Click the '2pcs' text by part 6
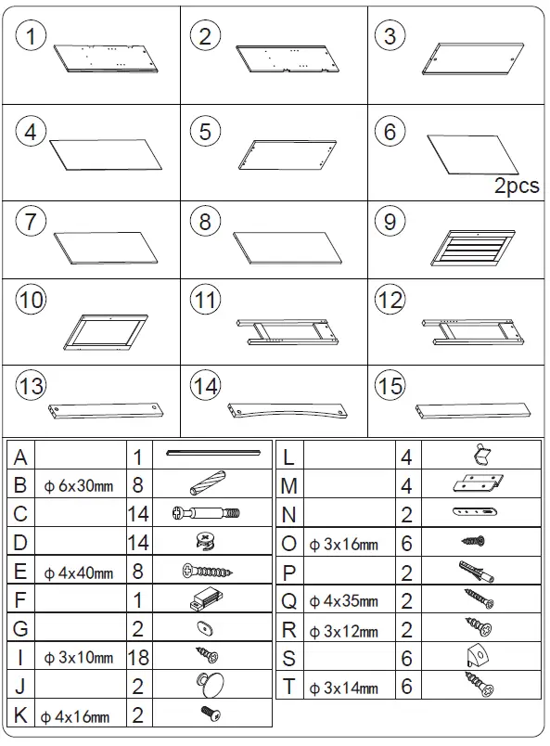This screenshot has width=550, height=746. coord(516,186)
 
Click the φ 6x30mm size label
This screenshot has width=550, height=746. coord(79,485)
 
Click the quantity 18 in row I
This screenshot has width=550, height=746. coord(138,658)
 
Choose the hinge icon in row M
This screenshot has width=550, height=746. coord(480,484)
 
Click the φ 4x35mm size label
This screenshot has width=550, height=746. coord(343,602)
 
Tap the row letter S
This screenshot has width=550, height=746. coord(288,659)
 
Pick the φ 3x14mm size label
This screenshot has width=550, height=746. coord(343,688)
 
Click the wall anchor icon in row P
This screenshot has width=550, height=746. coord(479,572)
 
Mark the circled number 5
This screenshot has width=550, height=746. coord(205,132)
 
